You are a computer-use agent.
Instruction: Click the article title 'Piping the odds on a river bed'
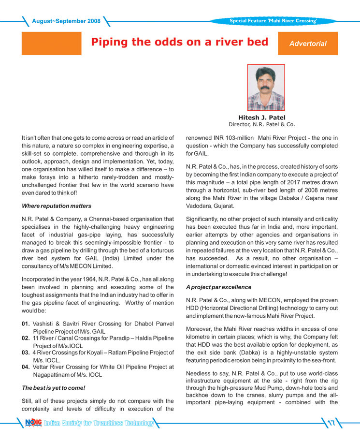[x=179, y=42]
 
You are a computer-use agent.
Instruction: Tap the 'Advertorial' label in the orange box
[x=308, y=44]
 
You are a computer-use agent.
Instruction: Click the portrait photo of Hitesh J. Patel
[x=266, y=88]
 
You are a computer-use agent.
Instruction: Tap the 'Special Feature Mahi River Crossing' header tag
[x=273, y=21]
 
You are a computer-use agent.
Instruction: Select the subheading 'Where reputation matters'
[x=57, y=206]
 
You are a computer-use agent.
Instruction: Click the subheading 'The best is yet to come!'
[x=54, y=387]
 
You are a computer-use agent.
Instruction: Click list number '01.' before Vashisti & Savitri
[x=26, y=322]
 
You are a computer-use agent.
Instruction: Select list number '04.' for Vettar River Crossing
[x=26, y=367]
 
